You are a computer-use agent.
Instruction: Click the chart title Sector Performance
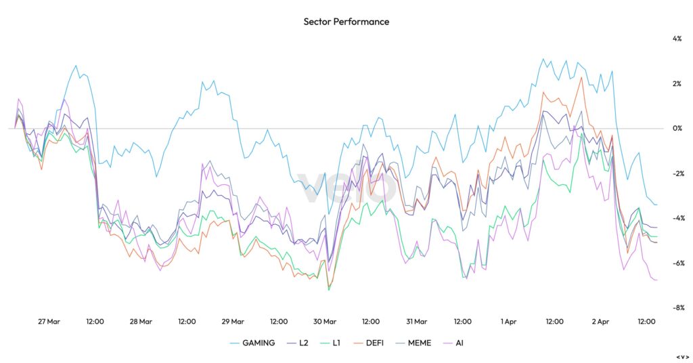point(346,22)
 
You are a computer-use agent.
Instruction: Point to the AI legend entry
point(459,343)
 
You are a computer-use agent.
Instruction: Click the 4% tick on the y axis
point(677,39)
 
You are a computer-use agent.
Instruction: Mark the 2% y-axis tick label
point(677,84)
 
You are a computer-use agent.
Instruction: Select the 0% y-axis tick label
point(677,129)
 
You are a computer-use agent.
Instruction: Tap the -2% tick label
point(676,173)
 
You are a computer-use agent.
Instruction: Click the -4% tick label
point(676,218)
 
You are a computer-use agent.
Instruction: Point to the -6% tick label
point(676,263)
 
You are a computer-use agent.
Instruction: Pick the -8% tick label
point(676,307)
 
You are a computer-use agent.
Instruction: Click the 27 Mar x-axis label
point(49,322)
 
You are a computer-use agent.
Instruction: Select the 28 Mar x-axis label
point(141,322)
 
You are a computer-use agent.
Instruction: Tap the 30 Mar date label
point(325,322)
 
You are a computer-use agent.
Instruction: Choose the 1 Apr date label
point(509,322)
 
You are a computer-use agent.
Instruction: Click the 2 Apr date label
point(601,322)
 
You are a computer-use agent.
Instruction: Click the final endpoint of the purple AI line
point(657,280)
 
